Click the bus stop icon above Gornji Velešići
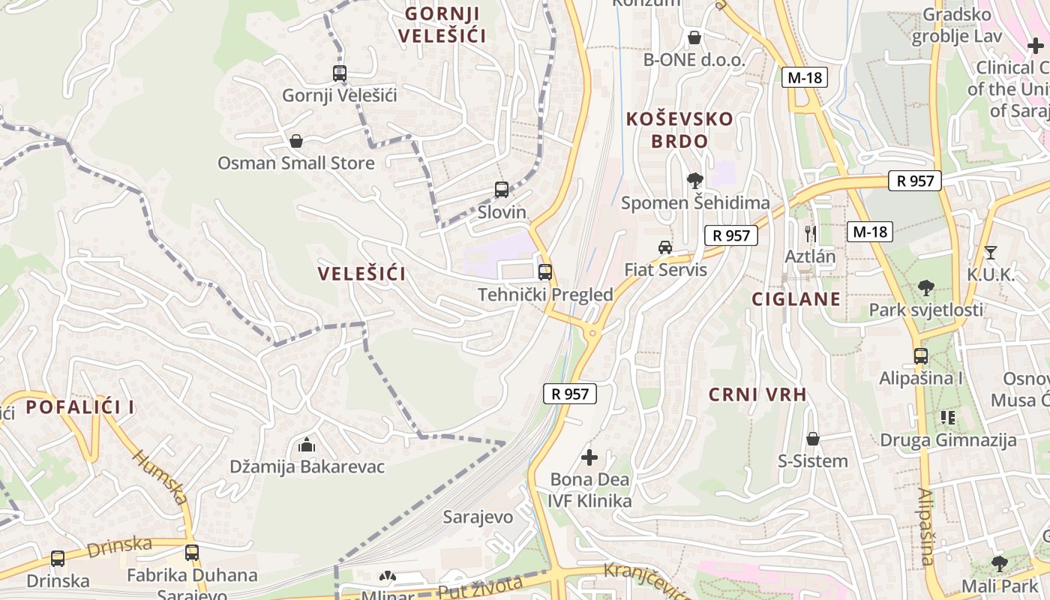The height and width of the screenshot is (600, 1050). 340,73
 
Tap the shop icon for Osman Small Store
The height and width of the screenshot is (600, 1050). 296,141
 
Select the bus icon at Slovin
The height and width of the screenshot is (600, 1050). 502,190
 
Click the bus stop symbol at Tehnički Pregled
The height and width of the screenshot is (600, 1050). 545,272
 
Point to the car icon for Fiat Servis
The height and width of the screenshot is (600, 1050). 665,247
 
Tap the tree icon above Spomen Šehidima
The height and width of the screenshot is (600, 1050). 695,180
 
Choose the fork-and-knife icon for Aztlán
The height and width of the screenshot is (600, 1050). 810,233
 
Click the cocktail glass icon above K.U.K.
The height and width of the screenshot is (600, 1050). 990,252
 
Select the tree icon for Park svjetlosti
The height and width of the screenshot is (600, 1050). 926,287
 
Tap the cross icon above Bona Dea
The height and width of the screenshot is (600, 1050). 590,457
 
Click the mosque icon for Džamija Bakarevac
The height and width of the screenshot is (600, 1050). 307,445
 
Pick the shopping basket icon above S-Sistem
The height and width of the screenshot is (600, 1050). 812,439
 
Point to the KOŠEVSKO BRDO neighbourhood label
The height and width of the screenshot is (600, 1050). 679,130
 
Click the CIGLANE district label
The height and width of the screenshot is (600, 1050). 796,299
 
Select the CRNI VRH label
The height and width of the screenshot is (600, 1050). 757,394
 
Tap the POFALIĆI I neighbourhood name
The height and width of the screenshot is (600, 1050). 80,407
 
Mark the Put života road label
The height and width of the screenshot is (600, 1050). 480,586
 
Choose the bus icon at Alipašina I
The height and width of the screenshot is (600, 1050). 921,356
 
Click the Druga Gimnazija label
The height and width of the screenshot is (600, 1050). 948,440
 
